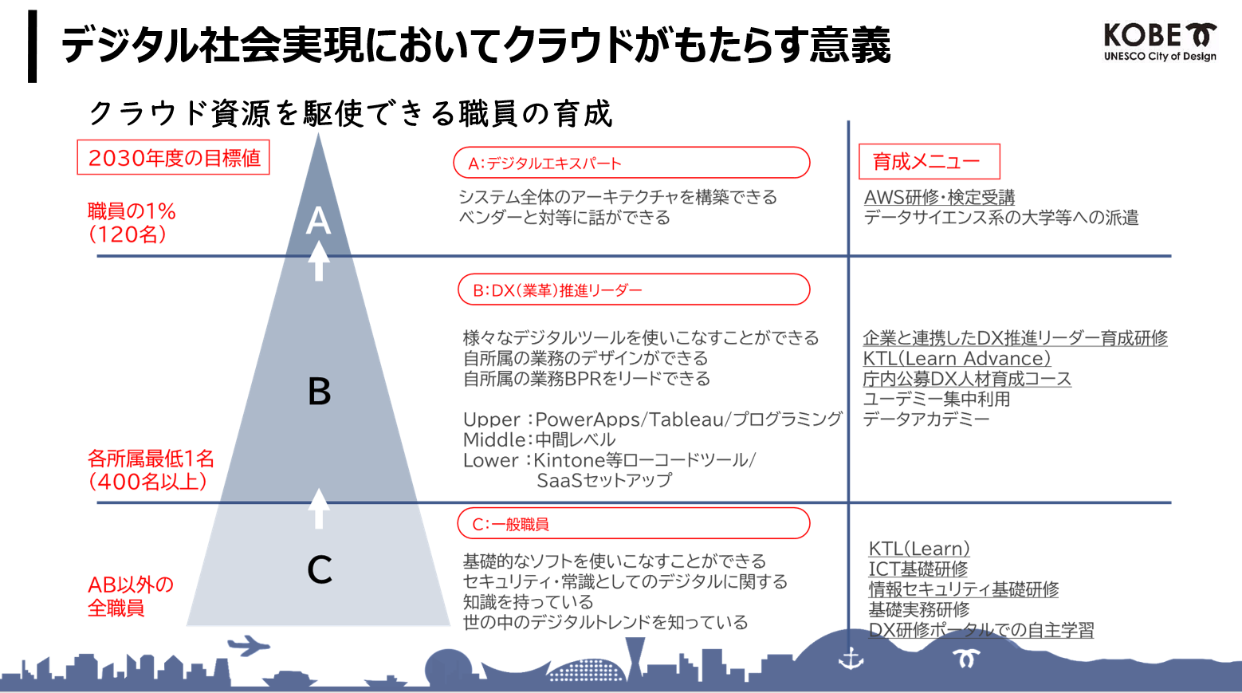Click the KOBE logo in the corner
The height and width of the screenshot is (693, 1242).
pos(1160,42)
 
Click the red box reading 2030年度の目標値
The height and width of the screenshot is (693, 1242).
pos(173,158)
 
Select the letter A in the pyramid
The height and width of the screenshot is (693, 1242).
pos(319,219)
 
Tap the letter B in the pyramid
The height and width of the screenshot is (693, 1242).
pos(320,392)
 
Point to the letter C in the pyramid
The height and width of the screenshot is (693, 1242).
pos(320,569)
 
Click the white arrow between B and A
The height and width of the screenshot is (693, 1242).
pos(319,261)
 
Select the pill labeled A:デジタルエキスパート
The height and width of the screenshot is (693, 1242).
pos(631,163)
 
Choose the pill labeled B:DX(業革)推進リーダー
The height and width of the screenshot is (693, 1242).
pos(634,289)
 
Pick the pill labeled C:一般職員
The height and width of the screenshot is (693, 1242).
pos(634,524)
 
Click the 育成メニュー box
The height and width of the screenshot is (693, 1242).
pos(929,162)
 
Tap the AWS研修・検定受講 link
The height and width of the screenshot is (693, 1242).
pos(939,197)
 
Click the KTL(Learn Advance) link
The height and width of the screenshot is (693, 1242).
pos(957,359)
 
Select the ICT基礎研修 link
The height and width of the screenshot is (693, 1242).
pos(918,569)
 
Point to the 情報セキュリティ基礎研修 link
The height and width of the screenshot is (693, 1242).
pos(963,589)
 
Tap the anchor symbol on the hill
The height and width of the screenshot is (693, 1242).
pos(851,660)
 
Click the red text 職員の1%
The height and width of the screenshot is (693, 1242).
pos(132,211)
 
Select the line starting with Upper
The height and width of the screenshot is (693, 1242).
pos(652,419)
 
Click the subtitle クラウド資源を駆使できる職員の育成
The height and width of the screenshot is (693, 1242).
pos(351,114)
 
